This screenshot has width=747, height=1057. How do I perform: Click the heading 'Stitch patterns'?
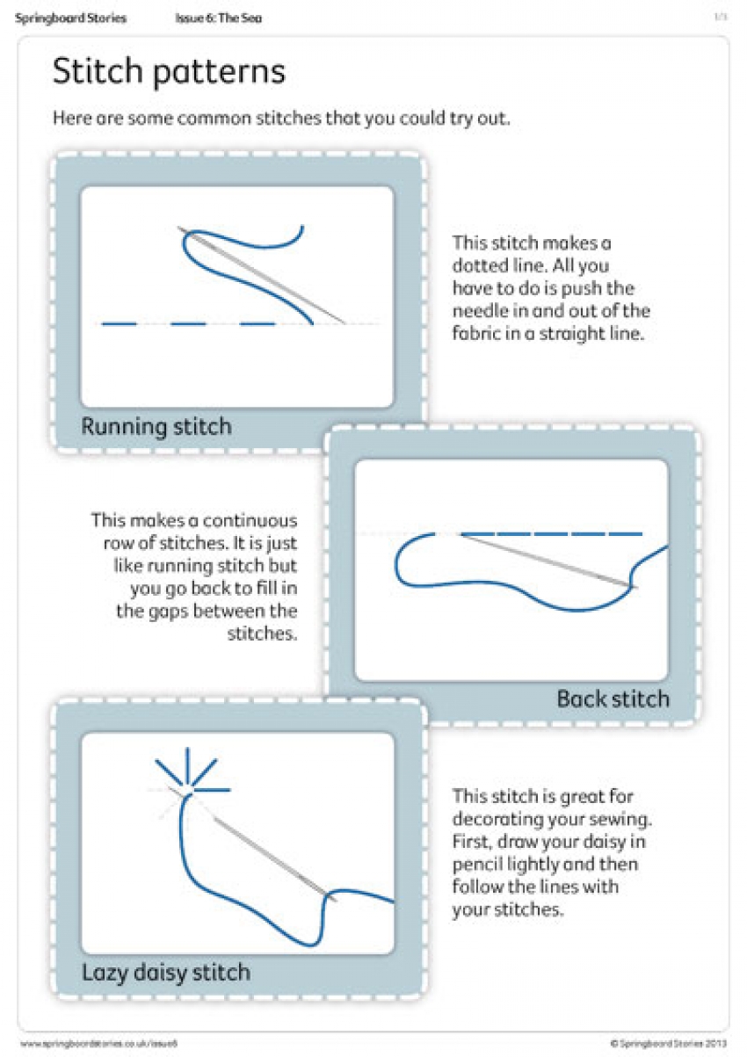coord(169,72)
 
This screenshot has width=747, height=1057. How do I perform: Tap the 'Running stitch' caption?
coord(156,427)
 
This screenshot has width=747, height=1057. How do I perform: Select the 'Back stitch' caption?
coord(613,699)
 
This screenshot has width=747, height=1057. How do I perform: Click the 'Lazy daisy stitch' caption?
coord(166,973)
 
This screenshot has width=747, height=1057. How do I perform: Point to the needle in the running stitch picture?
coord(264,275)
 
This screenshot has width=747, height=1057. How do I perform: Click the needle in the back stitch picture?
coord(545,560)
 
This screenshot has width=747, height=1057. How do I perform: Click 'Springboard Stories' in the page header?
coord(70,18)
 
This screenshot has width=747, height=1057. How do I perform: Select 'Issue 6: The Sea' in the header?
coord(217,18)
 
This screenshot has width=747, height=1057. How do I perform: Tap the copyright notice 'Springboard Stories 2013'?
coord(671,1043)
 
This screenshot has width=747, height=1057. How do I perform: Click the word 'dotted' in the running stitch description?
coord(480,265)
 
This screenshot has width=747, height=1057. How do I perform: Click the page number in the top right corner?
coord(720,17)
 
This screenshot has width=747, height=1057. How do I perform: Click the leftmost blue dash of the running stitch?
coord(120,324)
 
